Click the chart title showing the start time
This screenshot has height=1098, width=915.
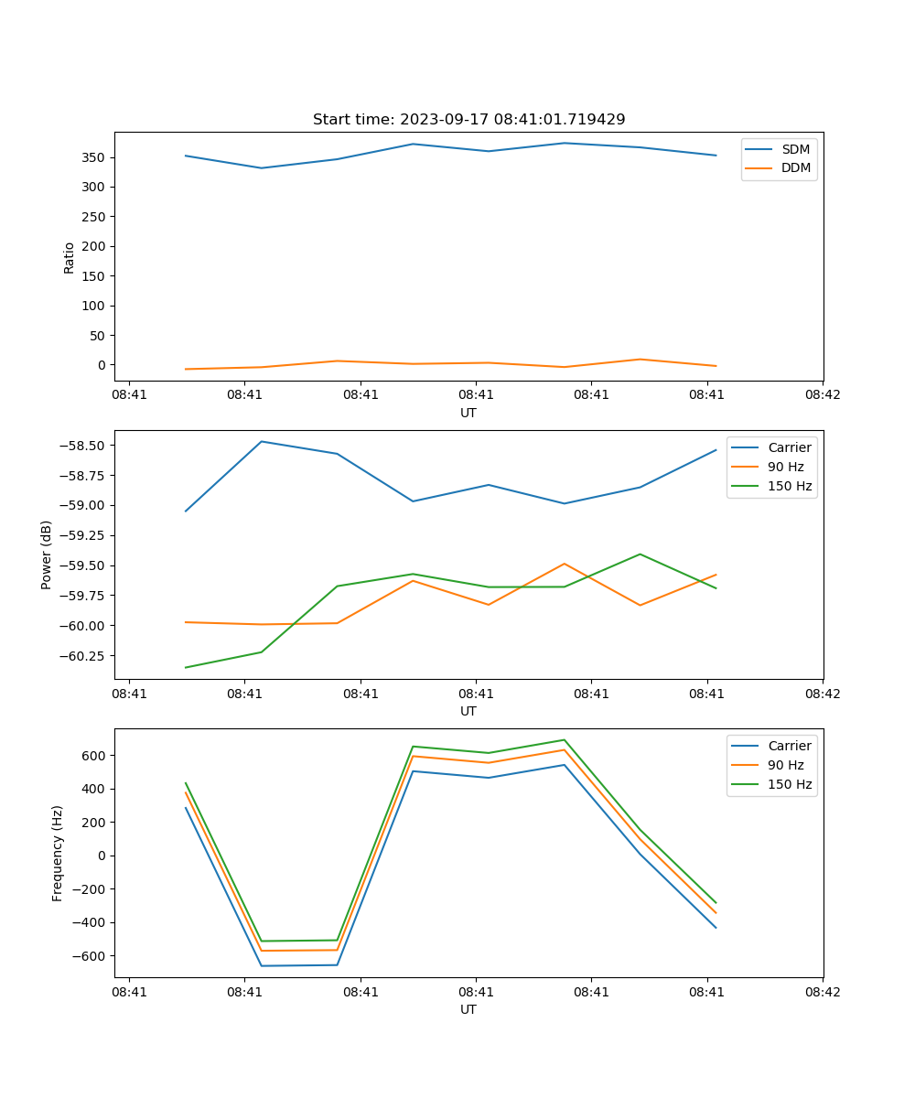pos(468,120)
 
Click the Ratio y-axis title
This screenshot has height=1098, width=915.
pos(69,257)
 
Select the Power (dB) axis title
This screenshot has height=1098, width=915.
pos(47,554)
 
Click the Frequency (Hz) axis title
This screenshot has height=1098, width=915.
pos(58,853)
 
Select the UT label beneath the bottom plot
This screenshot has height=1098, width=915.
pos(468,1009)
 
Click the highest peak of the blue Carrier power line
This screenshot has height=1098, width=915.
pos(262,442)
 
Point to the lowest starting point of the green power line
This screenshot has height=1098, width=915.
pos(186,667)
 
